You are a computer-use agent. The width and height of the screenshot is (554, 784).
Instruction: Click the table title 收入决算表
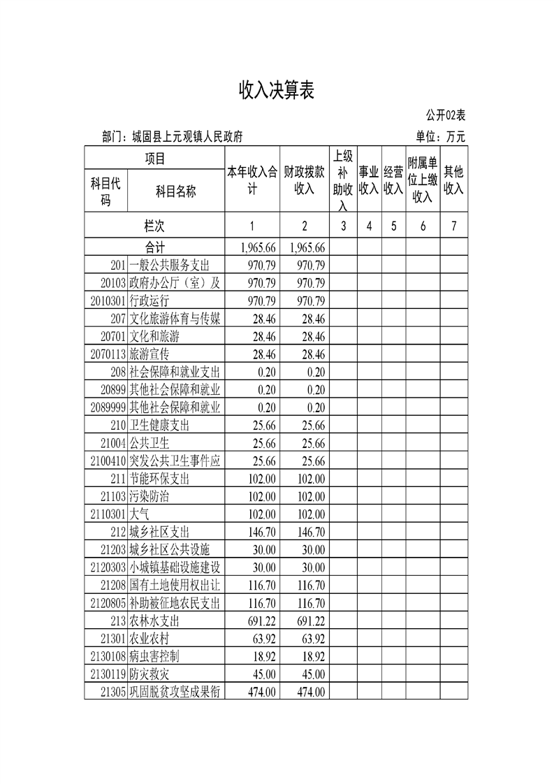click(277, 90)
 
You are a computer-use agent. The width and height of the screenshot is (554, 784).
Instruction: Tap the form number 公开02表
click(446, 115)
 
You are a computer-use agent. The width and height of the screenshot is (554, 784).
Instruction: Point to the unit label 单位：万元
click(440, 137)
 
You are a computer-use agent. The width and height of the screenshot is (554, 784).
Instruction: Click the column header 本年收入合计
click(252, 180)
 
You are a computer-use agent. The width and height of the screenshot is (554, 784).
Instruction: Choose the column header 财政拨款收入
click(305, 180)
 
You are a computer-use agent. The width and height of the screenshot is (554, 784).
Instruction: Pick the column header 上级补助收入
click(343, 180)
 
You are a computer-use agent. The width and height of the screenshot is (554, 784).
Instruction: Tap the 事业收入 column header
click(369, 180)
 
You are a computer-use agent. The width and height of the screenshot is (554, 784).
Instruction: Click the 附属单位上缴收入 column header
click(423, 180)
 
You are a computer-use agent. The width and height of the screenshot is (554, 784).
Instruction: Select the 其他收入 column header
click(454, 180)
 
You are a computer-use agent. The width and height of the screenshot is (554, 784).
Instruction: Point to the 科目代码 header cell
click(106, 191)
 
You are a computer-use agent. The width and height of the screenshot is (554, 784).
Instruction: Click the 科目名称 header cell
click(175, 191)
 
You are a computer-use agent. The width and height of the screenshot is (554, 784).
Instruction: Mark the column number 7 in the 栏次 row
click(454, 226)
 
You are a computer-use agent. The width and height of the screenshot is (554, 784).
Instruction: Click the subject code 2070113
click(108, 354)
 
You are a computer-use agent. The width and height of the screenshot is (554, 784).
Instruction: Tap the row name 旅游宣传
click(150, 354)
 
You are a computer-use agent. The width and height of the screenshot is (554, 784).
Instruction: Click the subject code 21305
click(113, 692)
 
